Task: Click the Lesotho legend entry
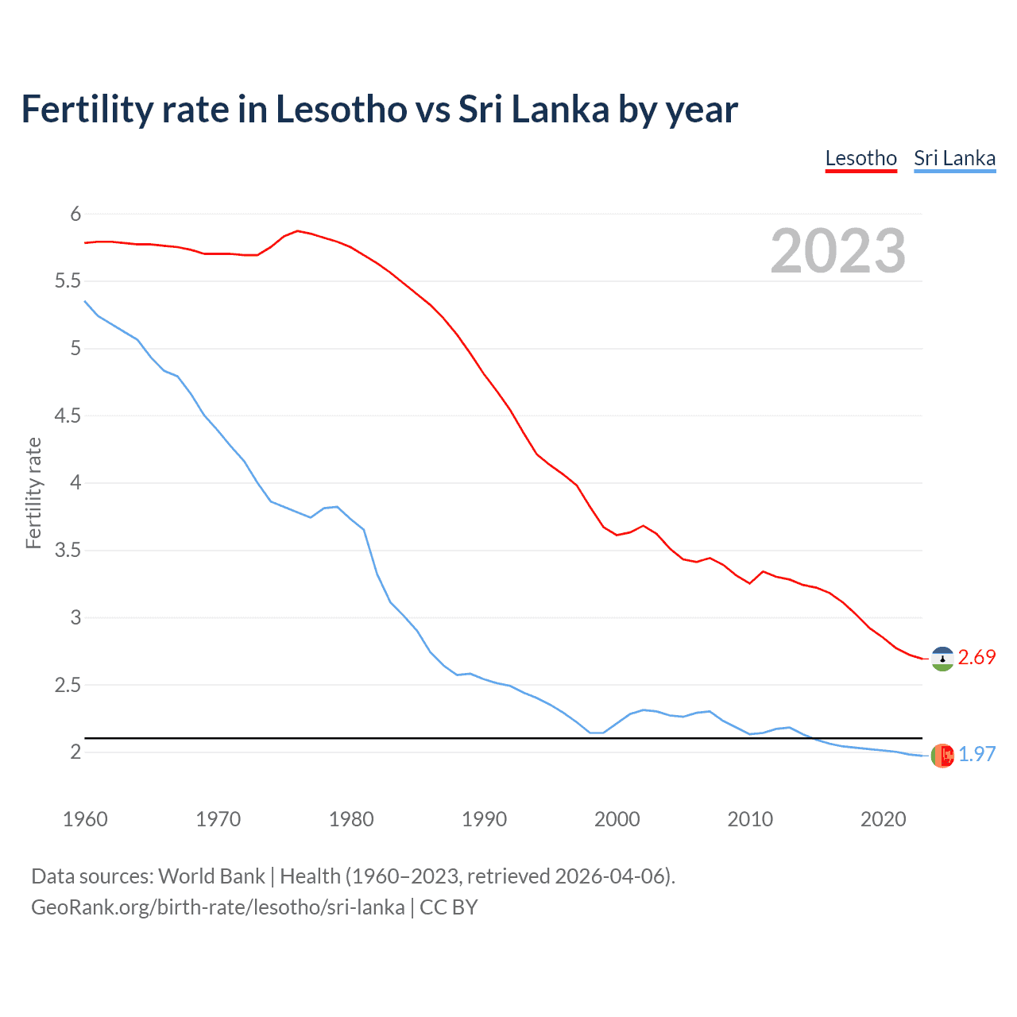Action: [x=860, y=158]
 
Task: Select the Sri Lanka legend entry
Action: [x=954, y=158]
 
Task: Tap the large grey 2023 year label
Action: [x=837, y=251]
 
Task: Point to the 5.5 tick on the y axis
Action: [x=68, y=281]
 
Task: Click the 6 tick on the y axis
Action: [x=75, y=214]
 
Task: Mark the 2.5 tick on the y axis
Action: [x=68, y=685]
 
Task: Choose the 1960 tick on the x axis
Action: [x=85, y=819]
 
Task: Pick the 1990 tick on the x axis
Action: [x=484, y=819]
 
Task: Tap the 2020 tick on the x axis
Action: [x=883, y=819]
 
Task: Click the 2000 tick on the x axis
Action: [x=617, y=819]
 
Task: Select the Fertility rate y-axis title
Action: [x=33, y=493]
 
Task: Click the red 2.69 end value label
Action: [x=976, y=658]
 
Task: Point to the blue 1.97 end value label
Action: [x=976, y=754]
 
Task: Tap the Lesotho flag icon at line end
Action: [x=942, y=659]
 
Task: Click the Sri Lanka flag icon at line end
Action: [x=942, y=756]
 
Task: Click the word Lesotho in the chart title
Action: [x=341, y=110]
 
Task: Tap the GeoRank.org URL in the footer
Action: [x=218, y=907]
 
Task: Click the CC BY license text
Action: [x=449, y=907]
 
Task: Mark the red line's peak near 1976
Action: [x=297, y=230]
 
